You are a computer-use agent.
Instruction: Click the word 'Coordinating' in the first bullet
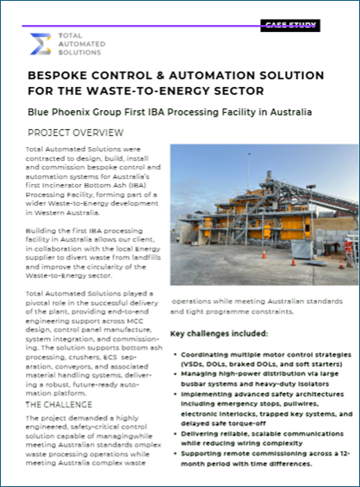(x=210, y=354)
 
